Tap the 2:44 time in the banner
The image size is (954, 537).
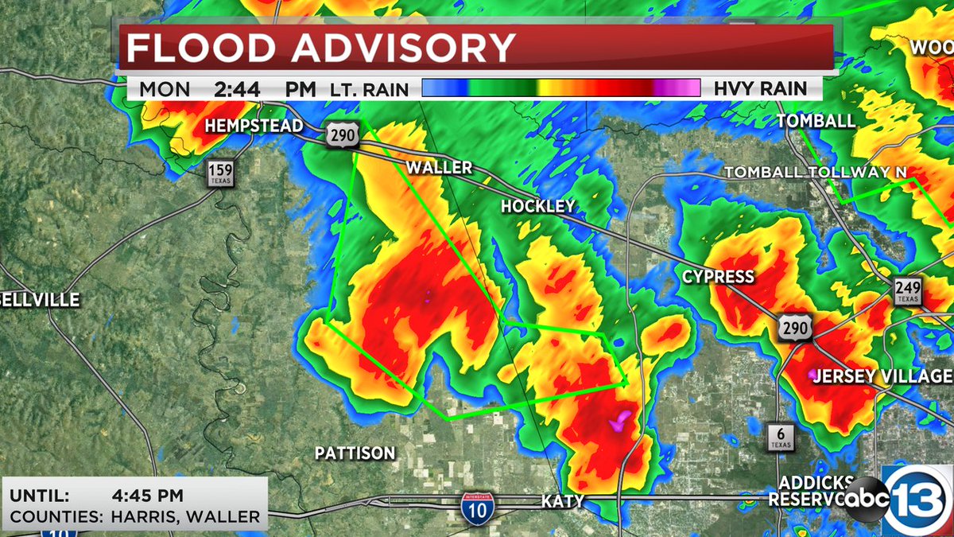point(237,89)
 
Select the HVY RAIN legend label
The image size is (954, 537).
point(760,89)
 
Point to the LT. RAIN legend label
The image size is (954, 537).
point(369,90)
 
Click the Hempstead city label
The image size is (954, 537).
point(254,126)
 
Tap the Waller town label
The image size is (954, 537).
point(439,168)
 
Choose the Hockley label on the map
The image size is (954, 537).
point(537,207)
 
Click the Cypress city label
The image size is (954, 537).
point(718,277)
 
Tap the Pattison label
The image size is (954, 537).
point(355,453)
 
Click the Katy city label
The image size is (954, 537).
point(563,502)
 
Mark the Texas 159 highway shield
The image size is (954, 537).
point(219,173)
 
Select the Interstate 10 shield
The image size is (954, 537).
point(475,507)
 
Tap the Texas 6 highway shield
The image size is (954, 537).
point(781,437)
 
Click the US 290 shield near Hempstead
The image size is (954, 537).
point(343,134)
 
